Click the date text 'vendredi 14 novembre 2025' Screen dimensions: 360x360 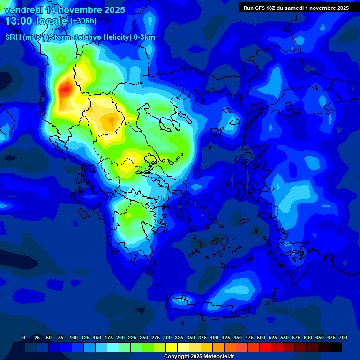tap(65, 10)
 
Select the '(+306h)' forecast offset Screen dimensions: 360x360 tap(83, 21)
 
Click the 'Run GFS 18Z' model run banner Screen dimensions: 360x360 tap(296, 8)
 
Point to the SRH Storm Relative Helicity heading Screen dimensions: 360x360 tap(80, 37)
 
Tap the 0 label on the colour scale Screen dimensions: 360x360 tap(24, 337)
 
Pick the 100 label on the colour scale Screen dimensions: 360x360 tap(74, 337)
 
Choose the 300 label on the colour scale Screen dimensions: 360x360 tap(167, 337)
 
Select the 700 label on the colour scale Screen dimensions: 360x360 tap(343, 337)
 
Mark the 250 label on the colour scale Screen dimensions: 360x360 tap(144, 337)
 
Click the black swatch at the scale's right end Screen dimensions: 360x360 tap(336, 347)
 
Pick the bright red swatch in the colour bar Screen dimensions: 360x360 tap(265, 347)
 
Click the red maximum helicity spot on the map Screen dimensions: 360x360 tap(65, 88)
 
